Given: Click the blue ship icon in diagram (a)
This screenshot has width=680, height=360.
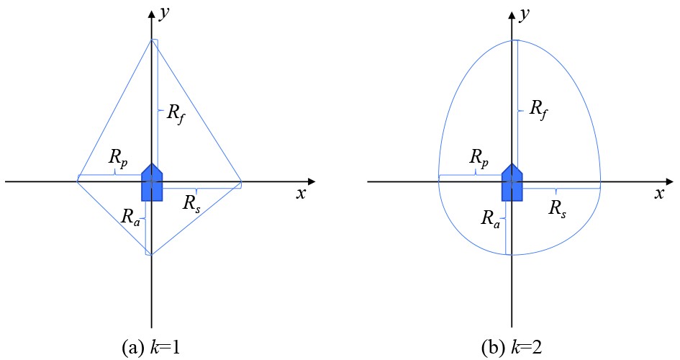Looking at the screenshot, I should [x=152, y=182].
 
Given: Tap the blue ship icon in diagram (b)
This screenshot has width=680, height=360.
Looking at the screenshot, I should [x=512, y=182].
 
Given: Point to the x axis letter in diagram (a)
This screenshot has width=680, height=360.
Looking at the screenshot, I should [x=301, y=194].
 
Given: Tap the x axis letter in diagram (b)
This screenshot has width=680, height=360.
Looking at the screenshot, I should [x=658, y=194].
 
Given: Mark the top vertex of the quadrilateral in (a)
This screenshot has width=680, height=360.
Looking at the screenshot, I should [x=152, y=40].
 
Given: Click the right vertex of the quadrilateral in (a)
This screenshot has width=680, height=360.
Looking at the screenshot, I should [x=241, y=182].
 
